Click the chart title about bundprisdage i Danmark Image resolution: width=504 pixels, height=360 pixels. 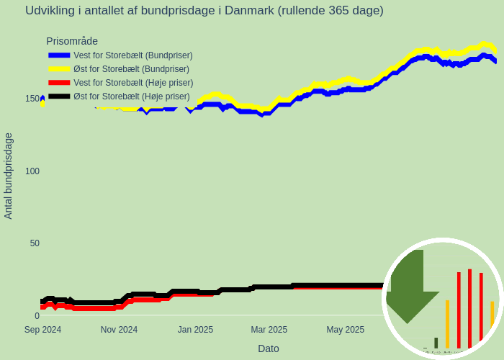tap(204, 11)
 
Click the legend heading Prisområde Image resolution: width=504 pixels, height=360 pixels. tap(72, 41)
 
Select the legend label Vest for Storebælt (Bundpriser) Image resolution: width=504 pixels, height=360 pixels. tap(132, 55)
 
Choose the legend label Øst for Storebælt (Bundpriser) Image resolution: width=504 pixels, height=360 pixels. tap(131, 69)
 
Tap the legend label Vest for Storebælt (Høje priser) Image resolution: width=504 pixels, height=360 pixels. tap(133, 83)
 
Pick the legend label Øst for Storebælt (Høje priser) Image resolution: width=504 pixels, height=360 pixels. tap(131, 96)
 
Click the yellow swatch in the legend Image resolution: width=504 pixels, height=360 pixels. tap(59, 69)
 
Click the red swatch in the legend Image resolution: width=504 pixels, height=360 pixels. tap(59, 83)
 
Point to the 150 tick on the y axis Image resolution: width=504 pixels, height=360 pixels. tap(32, 99)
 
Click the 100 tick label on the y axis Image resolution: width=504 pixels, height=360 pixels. tap(32, 171)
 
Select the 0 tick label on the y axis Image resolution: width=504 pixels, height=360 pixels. tap(37, 315)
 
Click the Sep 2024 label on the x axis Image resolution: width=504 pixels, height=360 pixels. tap(42, 330)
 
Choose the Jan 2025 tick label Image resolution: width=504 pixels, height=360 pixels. tap(195, 330)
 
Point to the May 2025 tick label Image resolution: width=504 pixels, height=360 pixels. tap(345, 330)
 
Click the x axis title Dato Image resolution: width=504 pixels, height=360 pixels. tap(269, 348)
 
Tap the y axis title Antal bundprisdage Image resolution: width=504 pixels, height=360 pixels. tap(9, 176)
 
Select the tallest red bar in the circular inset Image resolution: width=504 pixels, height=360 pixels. tap(469, 308)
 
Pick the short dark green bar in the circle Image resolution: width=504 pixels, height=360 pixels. tap(436, 343)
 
